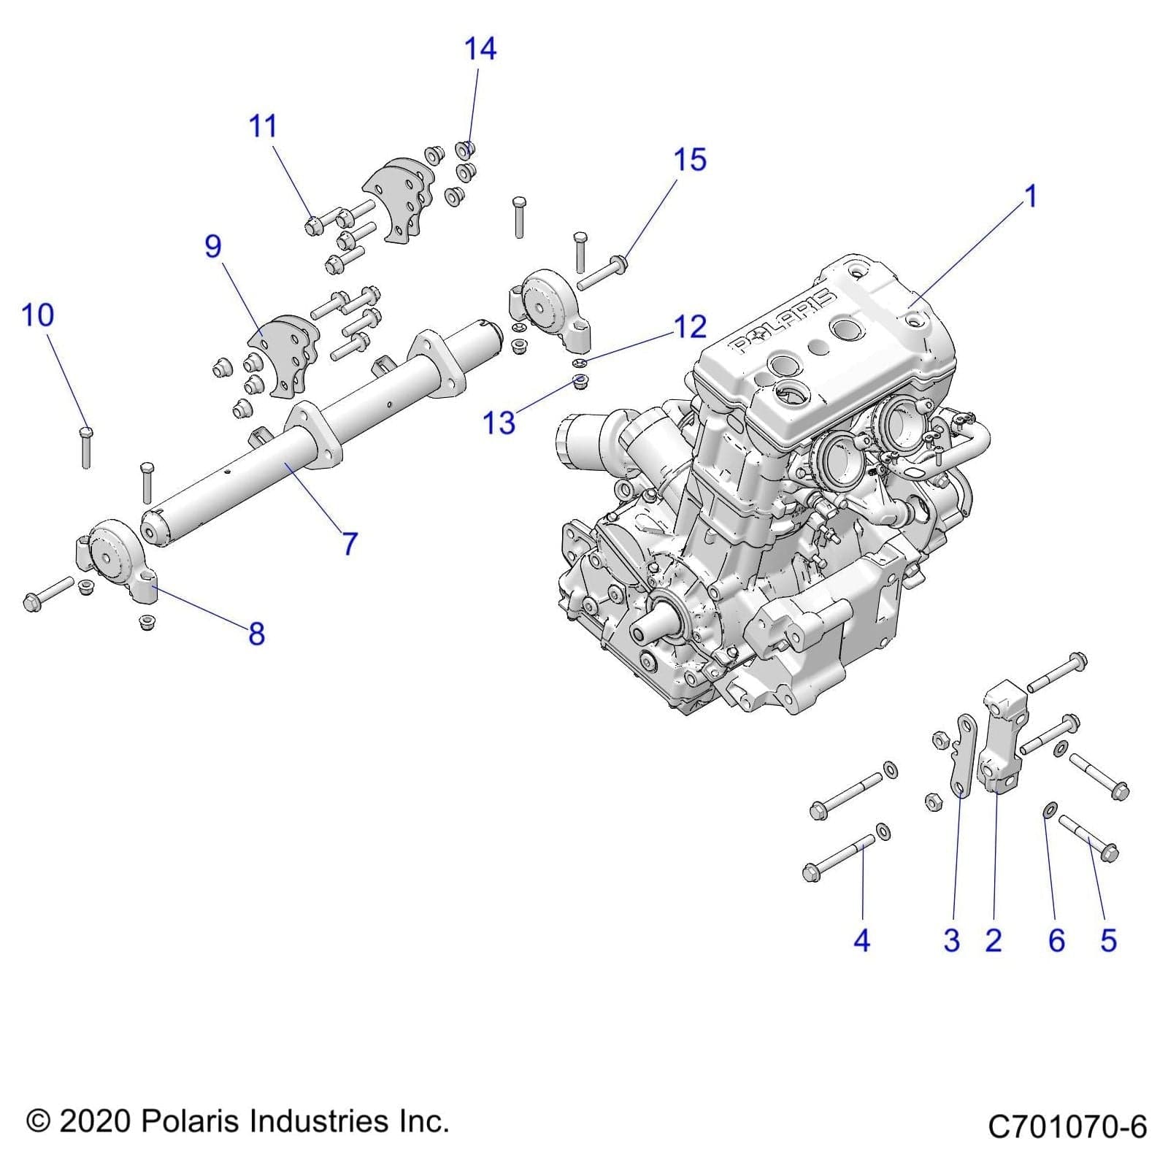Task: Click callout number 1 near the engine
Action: [x=1030, y=196]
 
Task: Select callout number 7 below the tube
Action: [x=350, y=543]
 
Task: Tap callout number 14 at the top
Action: [x=480, y=49]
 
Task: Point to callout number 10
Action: [x=37, y=315]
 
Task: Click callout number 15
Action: [x=689, y=160]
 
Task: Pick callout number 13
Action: [x=499, y=423]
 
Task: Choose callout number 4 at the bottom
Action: [x=861, y=940]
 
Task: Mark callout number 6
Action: [x=1056, y=940]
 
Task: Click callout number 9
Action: [x=212, y=246]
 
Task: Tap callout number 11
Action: [x=263, y=126]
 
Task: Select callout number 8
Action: [x=256, y=634]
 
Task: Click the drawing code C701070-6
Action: [x=1067, y=1126]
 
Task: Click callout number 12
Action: [x=689, y=327]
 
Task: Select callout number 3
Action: [x=951, y=940]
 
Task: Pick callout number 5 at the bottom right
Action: [x=1108, y=940]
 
